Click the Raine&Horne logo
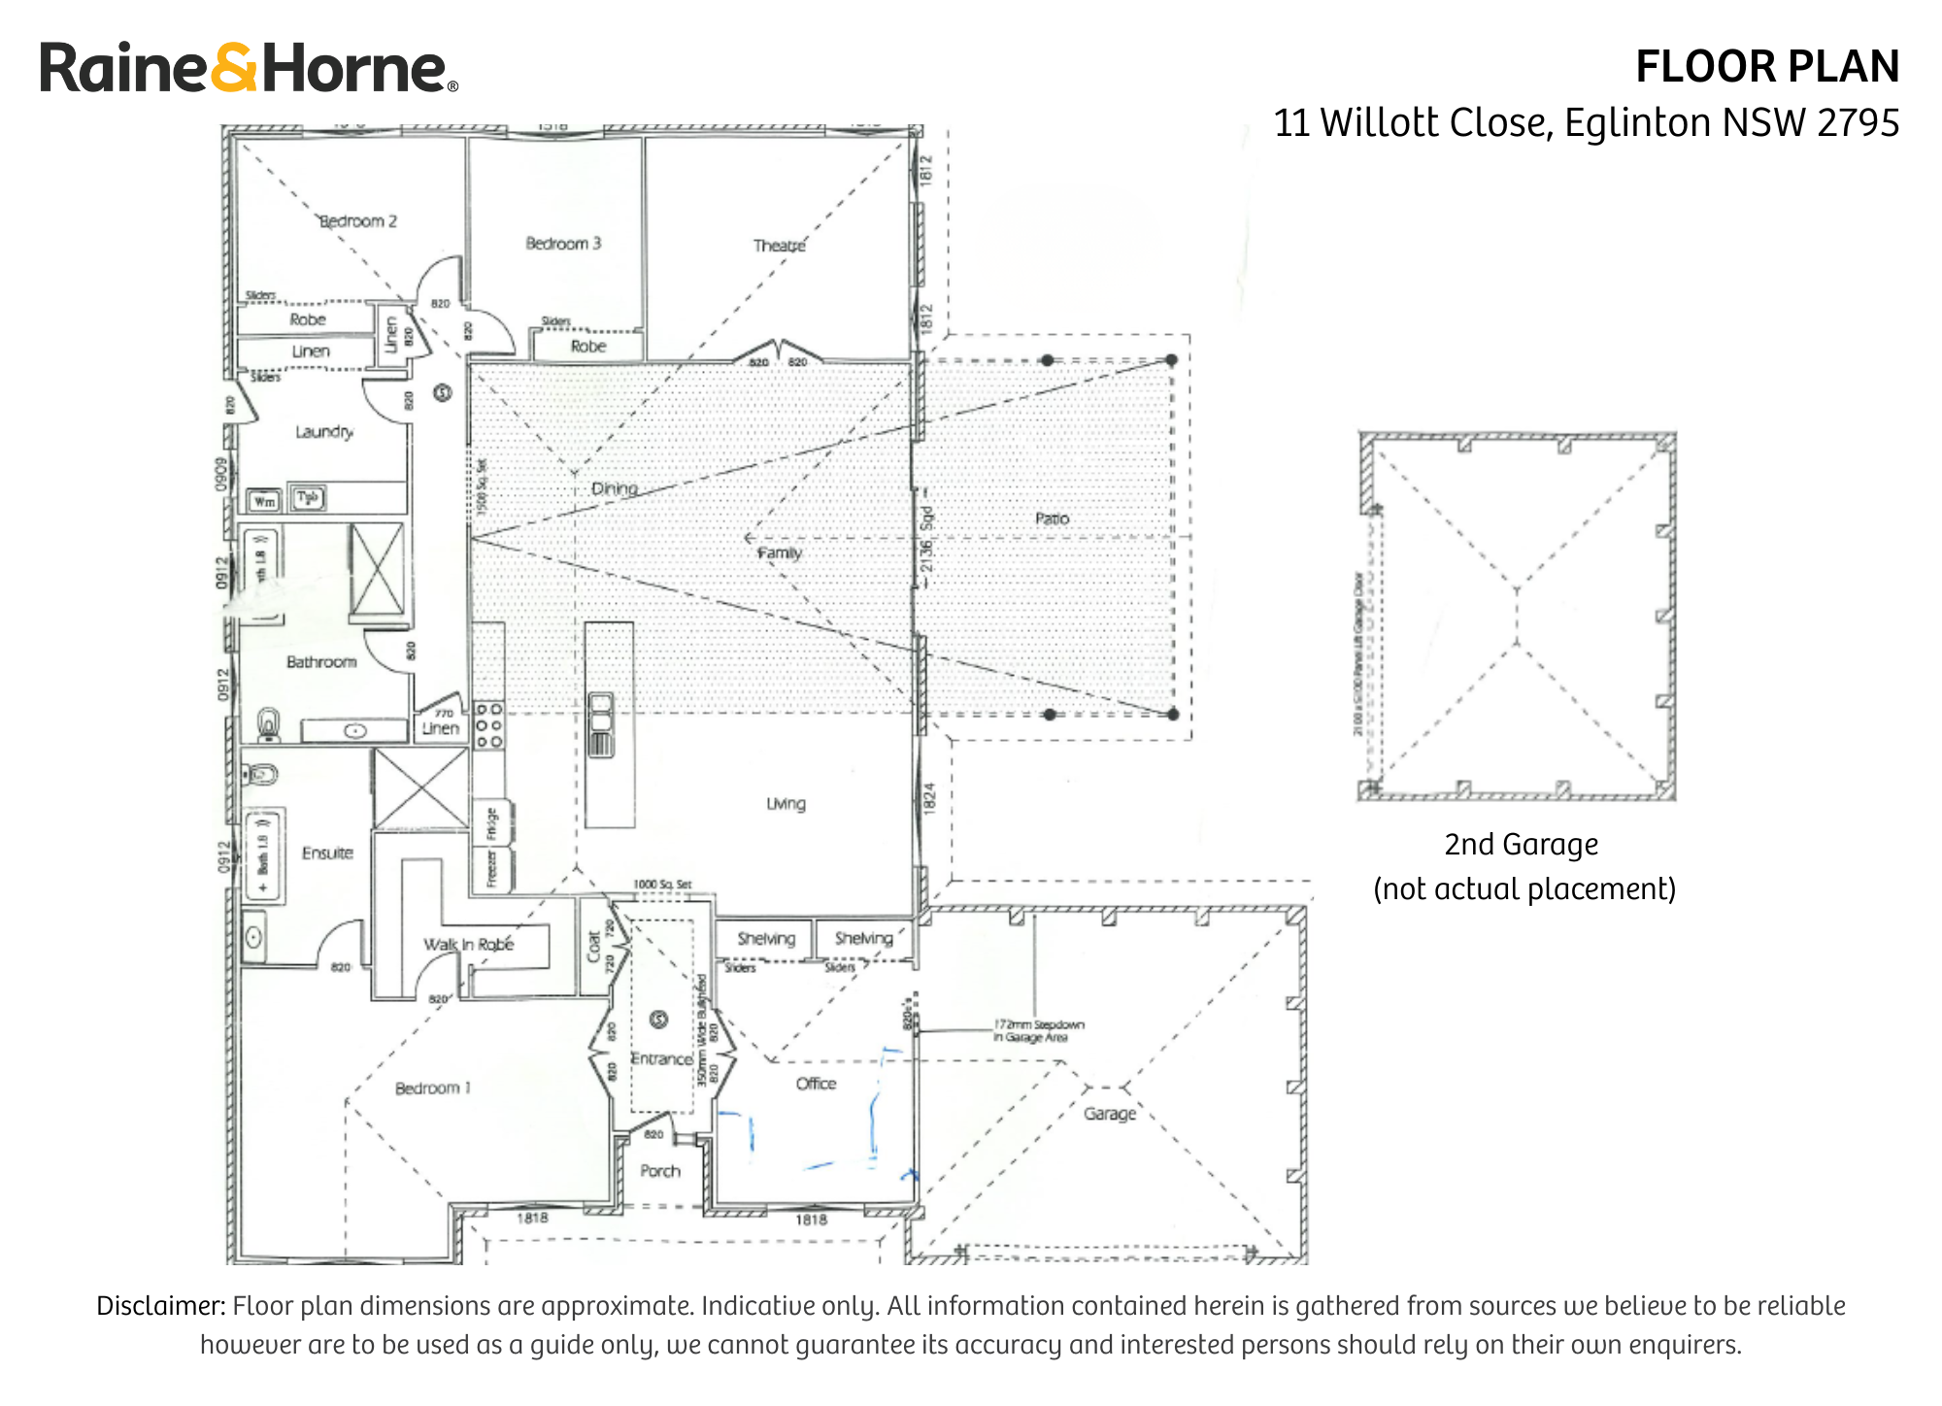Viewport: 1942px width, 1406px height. click(x=249, y=68)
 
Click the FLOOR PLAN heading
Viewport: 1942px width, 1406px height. click(x=1766, y=67)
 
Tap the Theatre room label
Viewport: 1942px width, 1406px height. click(x=779, y=246)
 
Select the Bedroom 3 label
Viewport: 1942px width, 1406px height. click(x=563, y=243)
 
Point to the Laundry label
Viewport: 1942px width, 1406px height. click(x=324, y=431)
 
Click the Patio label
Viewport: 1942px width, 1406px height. click(x=1052, y=519)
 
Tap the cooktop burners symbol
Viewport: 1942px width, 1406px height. click(x=489, y=725)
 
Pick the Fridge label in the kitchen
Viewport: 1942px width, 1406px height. click(x=491, y=822)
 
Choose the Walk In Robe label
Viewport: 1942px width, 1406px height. click(x=468, y=944)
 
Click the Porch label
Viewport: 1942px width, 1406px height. click(x=660, y=1171)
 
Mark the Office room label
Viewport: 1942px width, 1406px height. click(x=816, y=1084)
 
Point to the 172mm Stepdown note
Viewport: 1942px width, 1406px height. click(x=1038, y=1030)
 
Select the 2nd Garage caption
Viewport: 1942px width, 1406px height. click(x=1522, y=845)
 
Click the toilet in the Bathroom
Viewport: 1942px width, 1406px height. click(x=269, y=723)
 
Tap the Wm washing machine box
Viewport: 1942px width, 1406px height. click(x=264, y=501)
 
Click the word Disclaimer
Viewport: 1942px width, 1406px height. click(x=160, y=1305)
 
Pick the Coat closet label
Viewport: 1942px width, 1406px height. click(x=593, y=947)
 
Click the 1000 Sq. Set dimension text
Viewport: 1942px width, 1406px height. click(x=662, y=885)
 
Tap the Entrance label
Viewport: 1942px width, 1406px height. click(x=661, y=1058)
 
